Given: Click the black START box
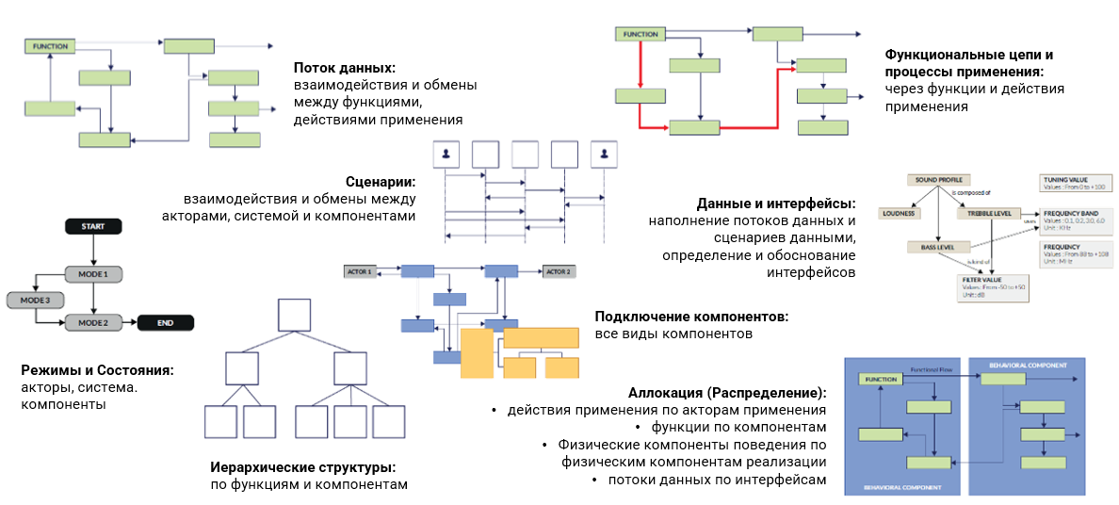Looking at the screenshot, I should coord(93,227).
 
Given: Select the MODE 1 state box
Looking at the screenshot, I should coord(93,274).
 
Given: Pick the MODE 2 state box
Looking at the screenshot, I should coord(93,322).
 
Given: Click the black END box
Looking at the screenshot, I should coord(165,322).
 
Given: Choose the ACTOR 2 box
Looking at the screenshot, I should coord(558,271).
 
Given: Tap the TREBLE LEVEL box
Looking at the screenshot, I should coord(989,213).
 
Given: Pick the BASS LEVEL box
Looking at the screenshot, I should coord(931,247).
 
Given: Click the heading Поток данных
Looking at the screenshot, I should coord(344,67).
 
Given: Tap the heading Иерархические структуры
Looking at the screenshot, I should coord(303,467).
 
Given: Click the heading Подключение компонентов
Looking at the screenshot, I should coord(691,317).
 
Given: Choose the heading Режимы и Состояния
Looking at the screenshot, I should coord(97,370).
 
